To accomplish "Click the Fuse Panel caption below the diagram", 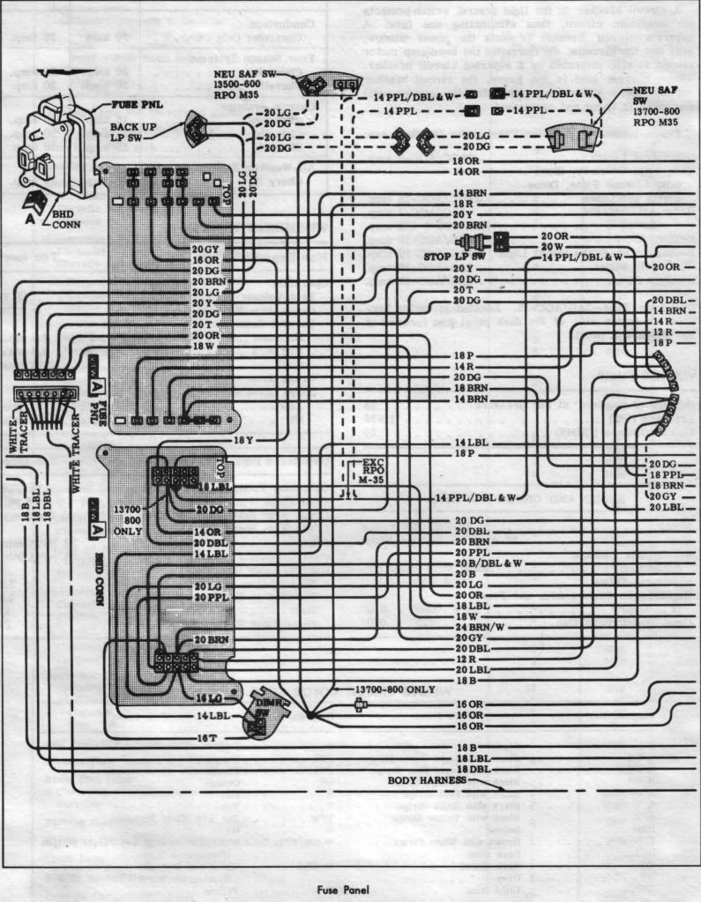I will [x=349, y=890].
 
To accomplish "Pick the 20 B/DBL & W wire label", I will [x=488, y=563].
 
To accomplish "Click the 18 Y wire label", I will [x=243, y=439].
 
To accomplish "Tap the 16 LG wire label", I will [x=208, y=698].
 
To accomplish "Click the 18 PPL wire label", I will [x=667, y=474].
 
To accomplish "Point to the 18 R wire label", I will [x=465, y=202].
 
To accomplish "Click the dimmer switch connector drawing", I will [x=258, y=712].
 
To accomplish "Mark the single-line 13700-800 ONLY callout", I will [x=395, y=689].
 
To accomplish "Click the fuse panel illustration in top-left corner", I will [x=57, y=145].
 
